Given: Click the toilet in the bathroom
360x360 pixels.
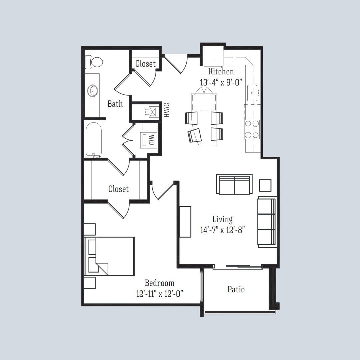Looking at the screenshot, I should [x=95, y=62].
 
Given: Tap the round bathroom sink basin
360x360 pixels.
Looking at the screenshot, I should [x=92, y=90].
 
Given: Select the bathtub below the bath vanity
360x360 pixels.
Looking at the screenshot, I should [x=94, y=140].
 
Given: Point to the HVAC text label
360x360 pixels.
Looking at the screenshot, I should [x=167, y=110].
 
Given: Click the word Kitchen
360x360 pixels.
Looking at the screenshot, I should [x=221, y=71].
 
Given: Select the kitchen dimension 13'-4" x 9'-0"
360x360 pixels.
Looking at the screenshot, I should [x=221, y=82].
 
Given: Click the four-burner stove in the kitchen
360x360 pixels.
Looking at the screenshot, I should [x=252, y=130].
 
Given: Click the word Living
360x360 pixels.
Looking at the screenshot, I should [x=222, y=219].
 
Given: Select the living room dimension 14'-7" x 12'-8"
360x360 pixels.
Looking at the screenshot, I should [x=222, y=230].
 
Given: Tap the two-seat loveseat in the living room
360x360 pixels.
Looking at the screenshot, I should [x=234, y=184].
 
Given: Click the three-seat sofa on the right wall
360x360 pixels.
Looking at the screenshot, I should [x=267, y=222].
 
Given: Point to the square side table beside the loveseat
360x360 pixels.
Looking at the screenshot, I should [x=265, y=185].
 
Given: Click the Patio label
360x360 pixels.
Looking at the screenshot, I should [x=236, y=289].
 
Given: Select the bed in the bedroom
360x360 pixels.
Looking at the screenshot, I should [x=110, y=256].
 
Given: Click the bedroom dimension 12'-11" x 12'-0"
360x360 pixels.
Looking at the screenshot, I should [x=160, y=294].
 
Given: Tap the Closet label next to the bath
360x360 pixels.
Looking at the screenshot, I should [x=145, y=64].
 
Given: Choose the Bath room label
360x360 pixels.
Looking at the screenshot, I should [x=115, y=104].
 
